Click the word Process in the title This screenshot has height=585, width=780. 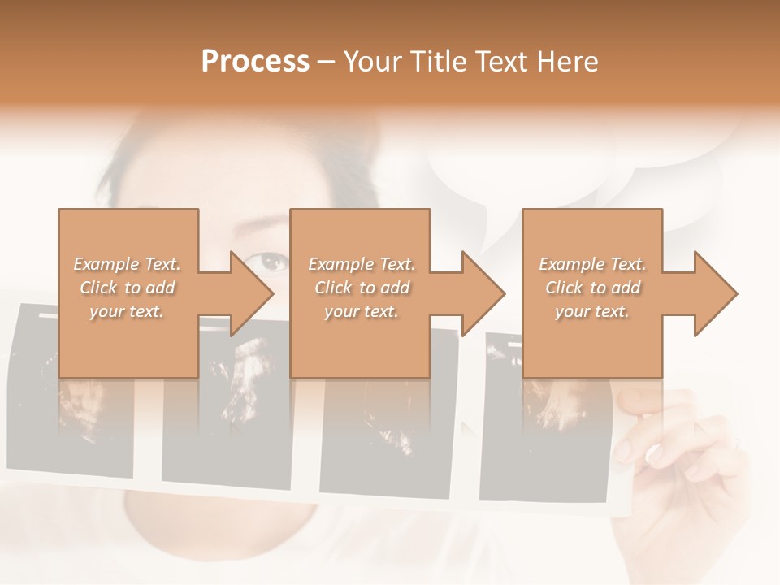255,62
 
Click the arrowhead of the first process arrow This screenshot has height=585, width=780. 253,293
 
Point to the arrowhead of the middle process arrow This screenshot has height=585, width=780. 484,293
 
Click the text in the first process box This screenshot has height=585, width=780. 127,288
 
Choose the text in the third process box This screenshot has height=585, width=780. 592,288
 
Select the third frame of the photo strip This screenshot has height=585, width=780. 386,443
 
